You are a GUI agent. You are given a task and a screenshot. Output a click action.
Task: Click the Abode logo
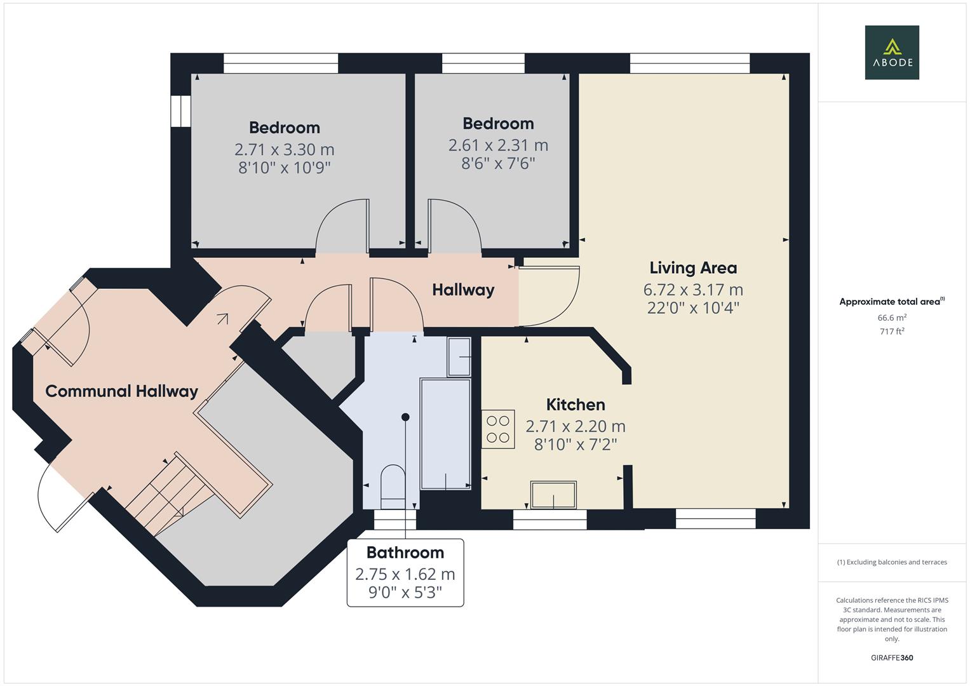[891, 53]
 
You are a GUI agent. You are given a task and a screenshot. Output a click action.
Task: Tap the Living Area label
[692, 267]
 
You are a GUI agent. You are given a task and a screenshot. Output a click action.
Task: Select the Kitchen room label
[575, 405]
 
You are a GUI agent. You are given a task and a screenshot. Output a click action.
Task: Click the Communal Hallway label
[121, 391]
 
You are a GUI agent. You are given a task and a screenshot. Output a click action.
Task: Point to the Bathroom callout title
[405, 552]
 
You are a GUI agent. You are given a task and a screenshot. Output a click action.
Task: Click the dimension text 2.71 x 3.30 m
[284, 149]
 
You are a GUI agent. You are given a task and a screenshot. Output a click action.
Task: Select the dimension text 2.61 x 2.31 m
[498, 145]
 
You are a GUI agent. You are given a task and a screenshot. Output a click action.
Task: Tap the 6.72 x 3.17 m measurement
[692, 290]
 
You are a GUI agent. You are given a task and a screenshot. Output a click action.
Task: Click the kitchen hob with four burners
[497, 429]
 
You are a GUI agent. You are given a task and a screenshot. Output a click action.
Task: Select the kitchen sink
[553, 495]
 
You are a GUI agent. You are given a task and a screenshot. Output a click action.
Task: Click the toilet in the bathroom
[392, 486]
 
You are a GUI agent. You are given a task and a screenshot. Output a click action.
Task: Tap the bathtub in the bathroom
[445, 434]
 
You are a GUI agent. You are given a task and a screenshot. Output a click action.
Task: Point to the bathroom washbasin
[459, 357]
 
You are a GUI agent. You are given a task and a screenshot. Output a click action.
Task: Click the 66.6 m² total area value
[891, 318]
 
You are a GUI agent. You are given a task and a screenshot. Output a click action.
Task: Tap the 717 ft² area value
[891, 331]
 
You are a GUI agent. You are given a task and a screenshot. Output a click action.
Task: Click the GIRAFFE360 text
[891, 657]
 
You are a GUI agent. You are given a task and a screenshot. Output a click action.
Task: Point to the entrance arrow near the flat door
[222, 318]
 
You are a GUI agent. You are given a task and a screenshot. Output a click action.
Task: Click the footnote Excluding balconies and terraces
[891, 562]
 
